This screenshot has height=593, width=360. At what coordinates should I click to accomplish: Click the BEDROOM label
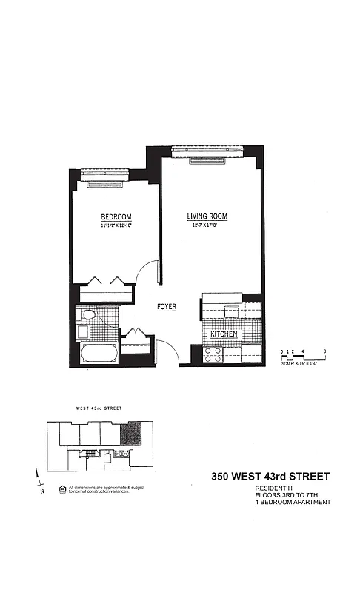coord(116,217)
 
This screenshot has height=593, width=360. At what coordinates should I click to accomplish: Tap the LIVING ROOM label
coord(207,216)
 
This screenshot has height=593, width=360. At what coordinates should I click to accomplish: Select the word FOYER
coord(166,306)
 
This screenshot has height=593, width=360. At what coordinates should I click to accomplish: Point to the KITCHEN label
coord(223,335)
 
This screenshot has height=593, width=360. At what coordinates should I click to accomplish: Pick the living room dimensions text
coord(207,225)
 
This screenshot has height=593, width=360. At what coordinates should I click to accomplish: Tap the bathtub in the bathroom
coord(99,353)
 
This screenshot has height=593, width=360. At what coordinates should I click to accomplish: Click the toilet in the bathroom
coord(88,315)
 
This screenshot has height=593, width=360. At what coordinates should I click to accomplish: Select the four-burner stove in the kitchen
coord(213,354)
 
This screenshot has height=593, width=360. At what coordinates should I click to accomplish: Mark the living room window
coord(208,151)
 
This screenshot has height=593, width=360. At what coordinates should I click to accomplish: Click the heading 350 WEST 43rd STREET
coord(270,476)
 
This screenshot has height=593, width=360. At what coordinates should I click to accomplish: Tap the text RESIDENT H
coord(271,488)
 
